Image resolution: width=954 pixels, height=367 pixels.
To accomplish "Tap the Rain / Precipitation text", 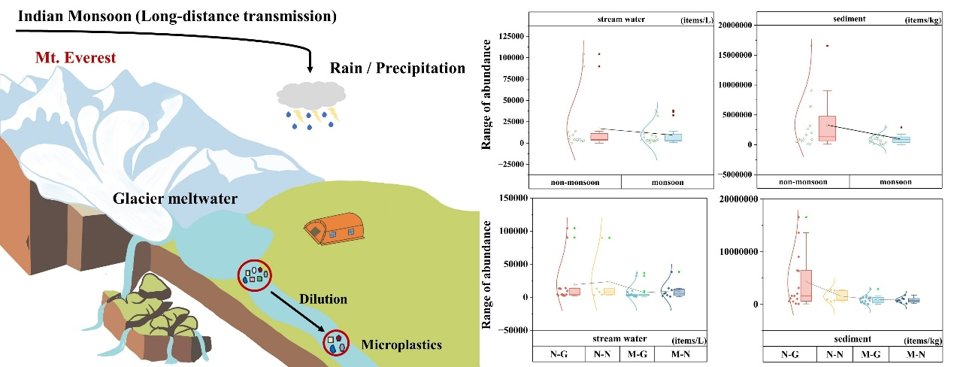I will click(x=398, y=68).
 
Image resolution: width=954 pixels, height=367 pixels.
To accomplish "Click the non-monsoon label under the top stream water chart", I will click(x=575, y=182).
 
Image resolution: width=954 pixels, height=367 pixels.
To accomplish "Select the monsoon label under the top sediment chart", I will click(x=895, y=182).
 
